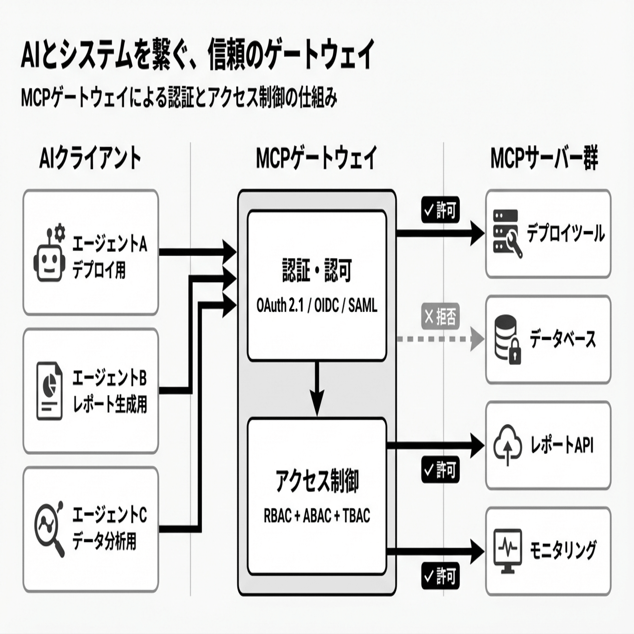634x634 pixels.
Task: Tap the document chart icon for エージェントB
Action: (x=50, y=390)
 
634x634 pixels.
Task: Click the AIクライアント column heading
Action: (x=90, y=158)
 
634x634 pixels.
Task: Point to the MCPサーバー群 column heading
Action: (x=544, y=158)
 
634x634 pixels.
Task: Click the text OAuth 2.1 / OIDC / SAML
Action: (x=317, y=305)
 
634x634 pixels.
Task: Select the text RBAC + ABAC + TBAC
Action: (x=317, y=516)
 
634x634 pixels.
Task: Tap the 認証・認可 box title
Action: (x=317, y=270)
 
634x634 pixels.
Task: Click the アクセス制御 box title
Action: (x=317, y=481)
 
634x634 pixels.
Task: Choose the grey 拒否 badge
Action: (x=440, y=316)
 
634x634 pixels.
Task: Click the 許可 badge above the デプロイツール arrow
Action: (x=440, y=211)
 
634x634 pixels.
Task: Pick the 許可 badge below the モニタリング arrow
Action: (x=440, y=576)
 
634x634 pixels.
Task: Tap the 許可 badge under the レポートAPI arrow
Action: (x=440, y=470)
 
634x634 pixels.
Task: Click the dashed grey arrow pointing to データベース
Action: (x=439, y=339)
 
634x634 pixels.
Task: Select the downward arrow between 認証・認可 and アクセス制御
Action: (x=317, y=389)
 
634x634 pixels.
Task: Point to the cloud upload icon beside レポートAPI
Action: (x=508, y=445)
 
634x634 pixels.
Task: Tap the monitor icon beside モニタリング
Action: (x=507, y=551)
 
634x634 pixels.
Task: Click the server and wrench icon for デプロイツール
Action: (x=507, y=233)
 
